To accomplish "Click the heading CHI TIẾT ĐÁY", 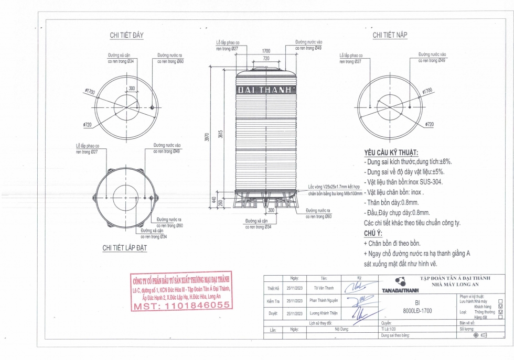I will (126, 35).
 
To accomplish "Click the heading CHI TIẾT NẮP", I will (390, 35).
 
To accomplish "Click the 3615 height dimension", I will (220, 134).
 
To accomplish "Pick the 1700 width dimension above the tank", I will (266, 51).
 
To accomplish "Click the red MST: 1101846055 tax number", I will (181, 305).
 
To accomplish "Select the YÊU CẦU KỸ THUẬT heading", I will (391, 152).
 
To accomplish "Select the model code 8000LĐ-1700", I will (417, 310).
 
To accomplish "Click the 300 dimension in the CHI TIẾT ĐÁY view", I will (131, 89).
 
